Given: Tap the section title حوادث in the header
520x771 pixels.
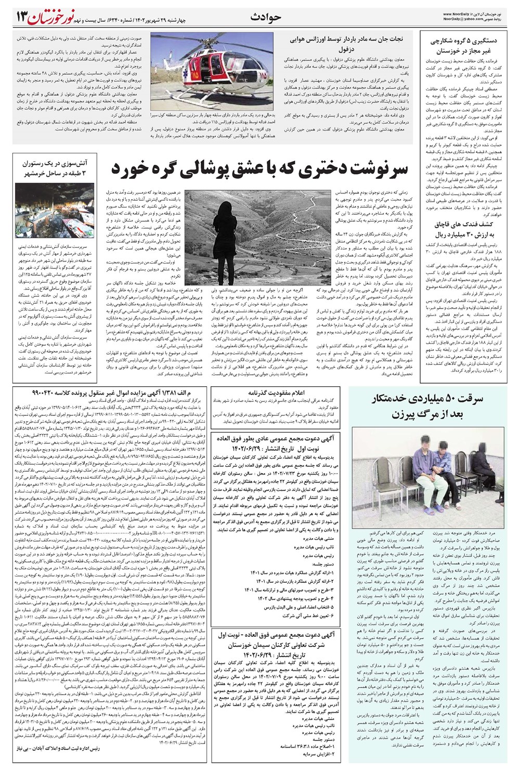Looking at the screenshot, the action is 268,17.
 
